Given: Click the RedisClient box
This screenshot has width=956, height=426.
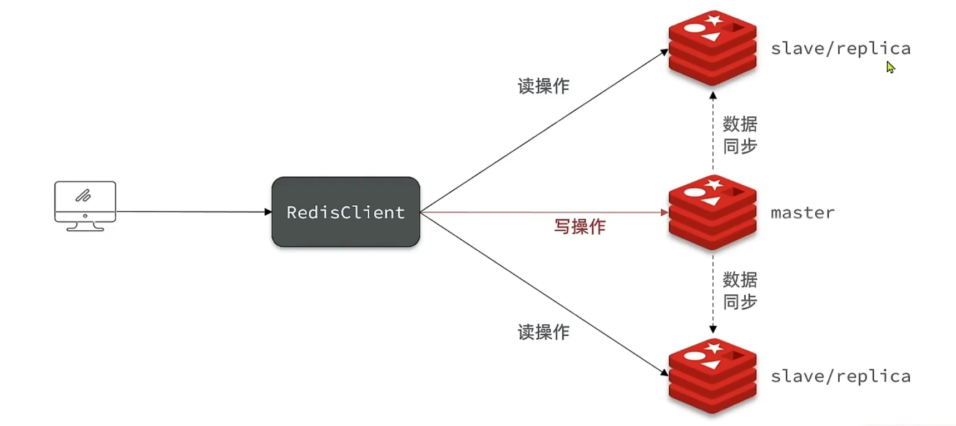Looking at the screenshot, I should click(x=345, y=212).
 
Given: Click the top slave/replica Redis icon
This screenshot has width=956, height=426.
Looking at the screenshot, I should click(x=712, y=48).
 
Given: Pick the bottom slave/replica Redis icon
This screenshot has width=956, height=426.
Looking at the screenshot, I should click(x=712, y=376).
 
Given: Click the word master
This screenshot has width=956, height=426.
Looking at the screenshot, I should click(x=802, y=212).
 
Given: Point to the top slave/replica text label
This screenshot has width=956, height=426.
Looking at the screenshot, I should click(x=840, y=48).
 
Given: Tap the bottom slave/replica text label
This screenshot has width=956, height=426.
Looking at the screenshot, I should click(x=840, y=377).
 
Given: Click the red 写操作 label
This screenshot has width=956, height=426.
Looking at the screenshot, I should click(x=579, y=226).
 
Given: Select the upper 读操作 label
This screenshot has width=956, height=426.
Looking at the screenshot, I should click(x=543, y=86).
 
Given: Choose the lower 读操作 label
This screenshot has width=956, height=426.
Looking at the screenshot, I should click(x=543, y=332).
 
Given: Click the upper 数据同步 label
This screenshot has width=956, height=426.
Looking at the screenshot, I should click(x=740, y=135).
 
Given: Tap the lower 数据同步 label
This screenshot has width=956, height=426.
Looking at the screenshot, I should click(x=740, y=290).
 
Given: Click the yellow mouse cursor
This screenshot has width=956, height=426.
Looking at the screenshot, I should click(x=890, y=67).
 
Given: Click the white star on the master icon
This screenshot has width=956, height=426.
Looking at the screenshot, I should click(x=714, y=184).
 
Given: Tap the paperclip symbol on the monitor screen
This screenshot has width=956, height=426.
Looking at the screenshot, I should click(x=83, y=195).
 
